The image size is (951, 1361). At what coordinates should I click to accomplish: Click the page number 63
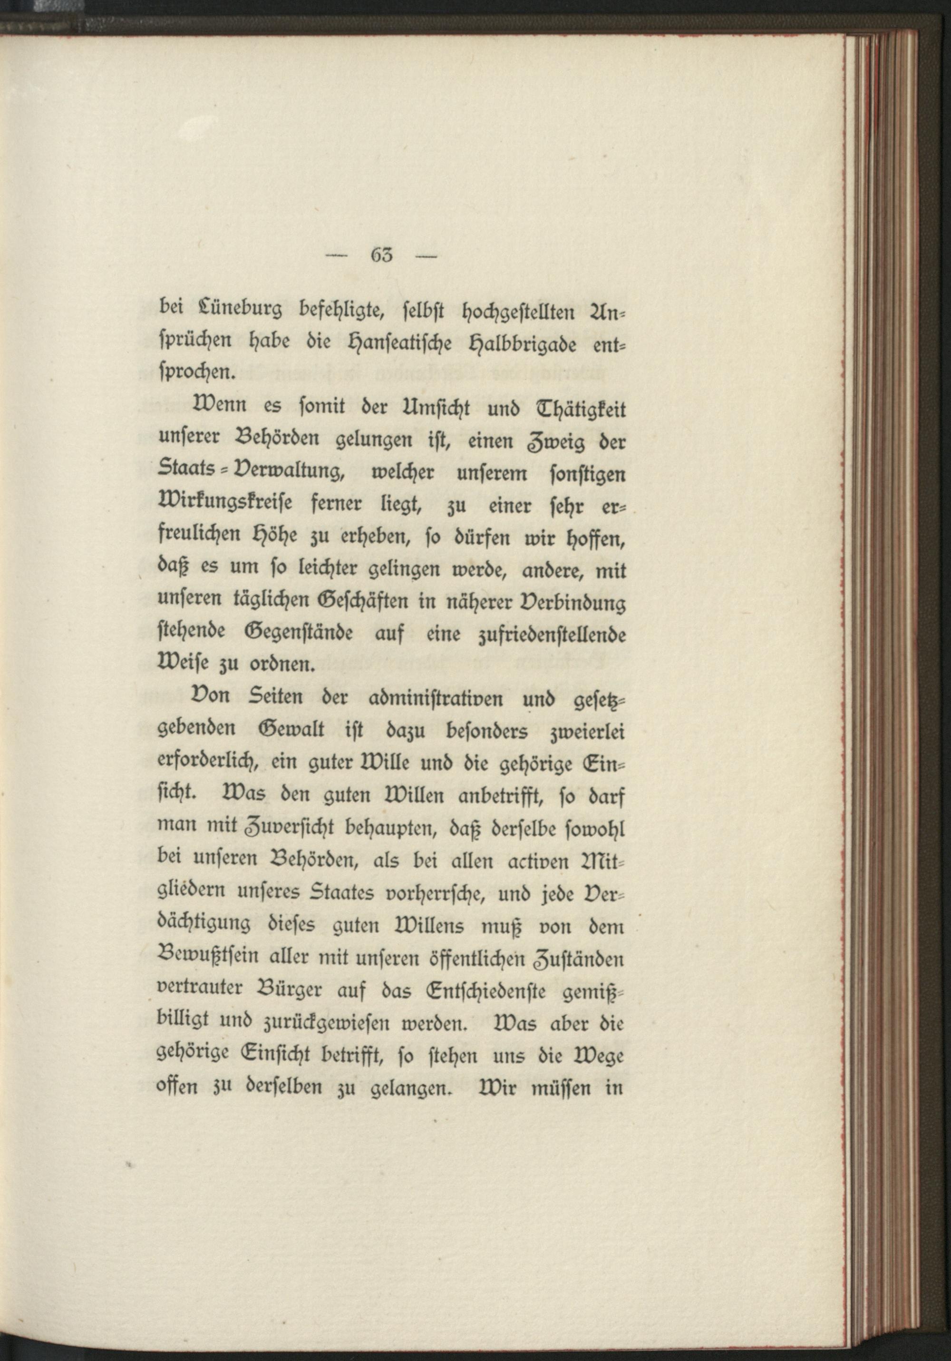[x=381, y=256]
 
